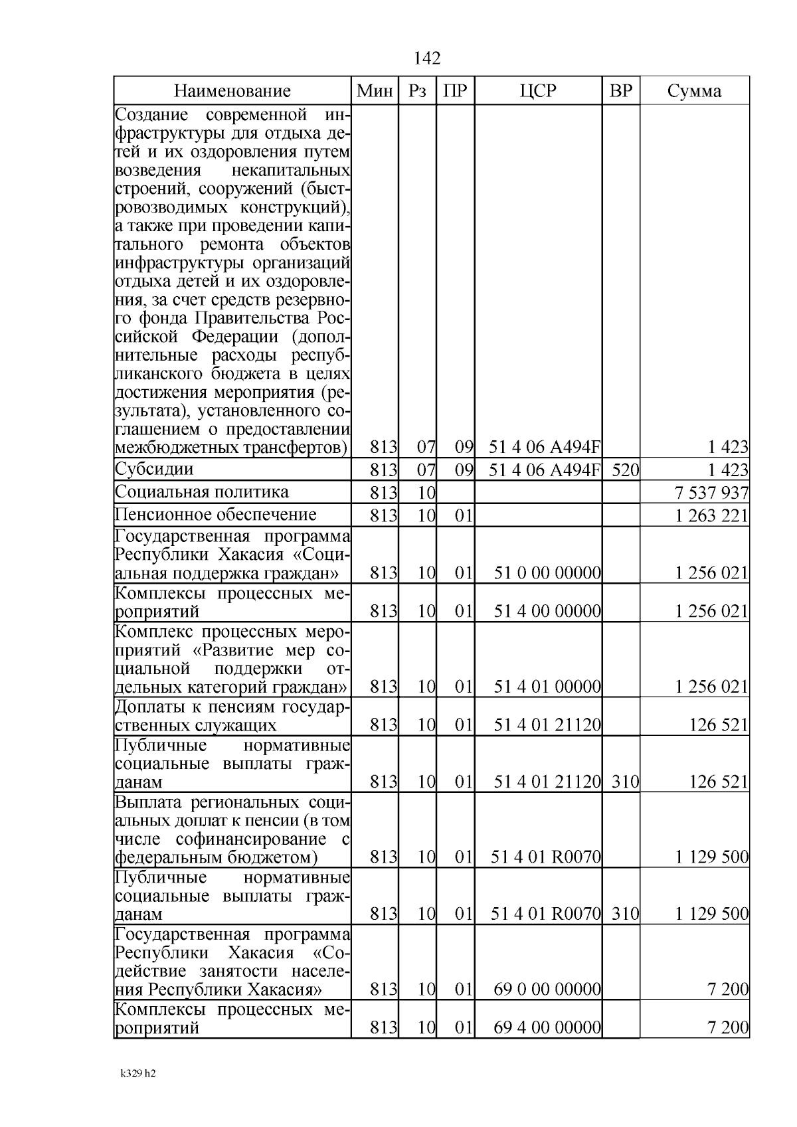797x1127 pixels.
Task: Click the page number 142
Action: [x=426, y=58]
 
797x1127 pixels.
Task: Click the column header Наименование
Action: [x=232, y=91]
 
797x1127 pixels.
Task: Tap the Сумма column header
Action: [x=694, y=91]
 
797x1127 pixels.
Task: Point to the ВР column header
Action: [x=621, y=91]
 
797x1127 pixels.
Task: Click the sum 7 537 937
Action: [x=711, y=493]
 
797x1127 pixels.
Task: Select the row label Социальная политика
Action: [x=202, y=492]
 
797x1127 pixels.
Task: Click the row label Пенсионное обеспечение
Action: [x=215, y=515]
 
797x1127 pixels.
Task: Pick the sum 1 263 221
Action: [x=711, y=516]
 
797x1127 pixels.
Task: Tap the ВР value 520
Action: [x=624, y=471]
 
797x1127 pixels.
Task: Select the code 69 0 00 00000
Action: [x=547, y=990]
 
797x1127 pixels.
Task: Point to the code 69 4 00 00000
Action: [x=547, y=1029]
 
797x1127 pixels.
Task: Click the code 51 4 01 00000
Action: [x=547, y=687]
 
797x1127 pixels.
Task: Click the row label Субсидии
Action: [x=154, y=470]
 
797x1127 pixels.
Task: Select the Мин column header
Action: [x=375, y=91]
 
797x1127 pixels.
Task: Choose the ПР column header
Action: [x=455, y=91]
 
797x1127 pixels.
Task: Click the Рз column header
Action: [x=417, y=91]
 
